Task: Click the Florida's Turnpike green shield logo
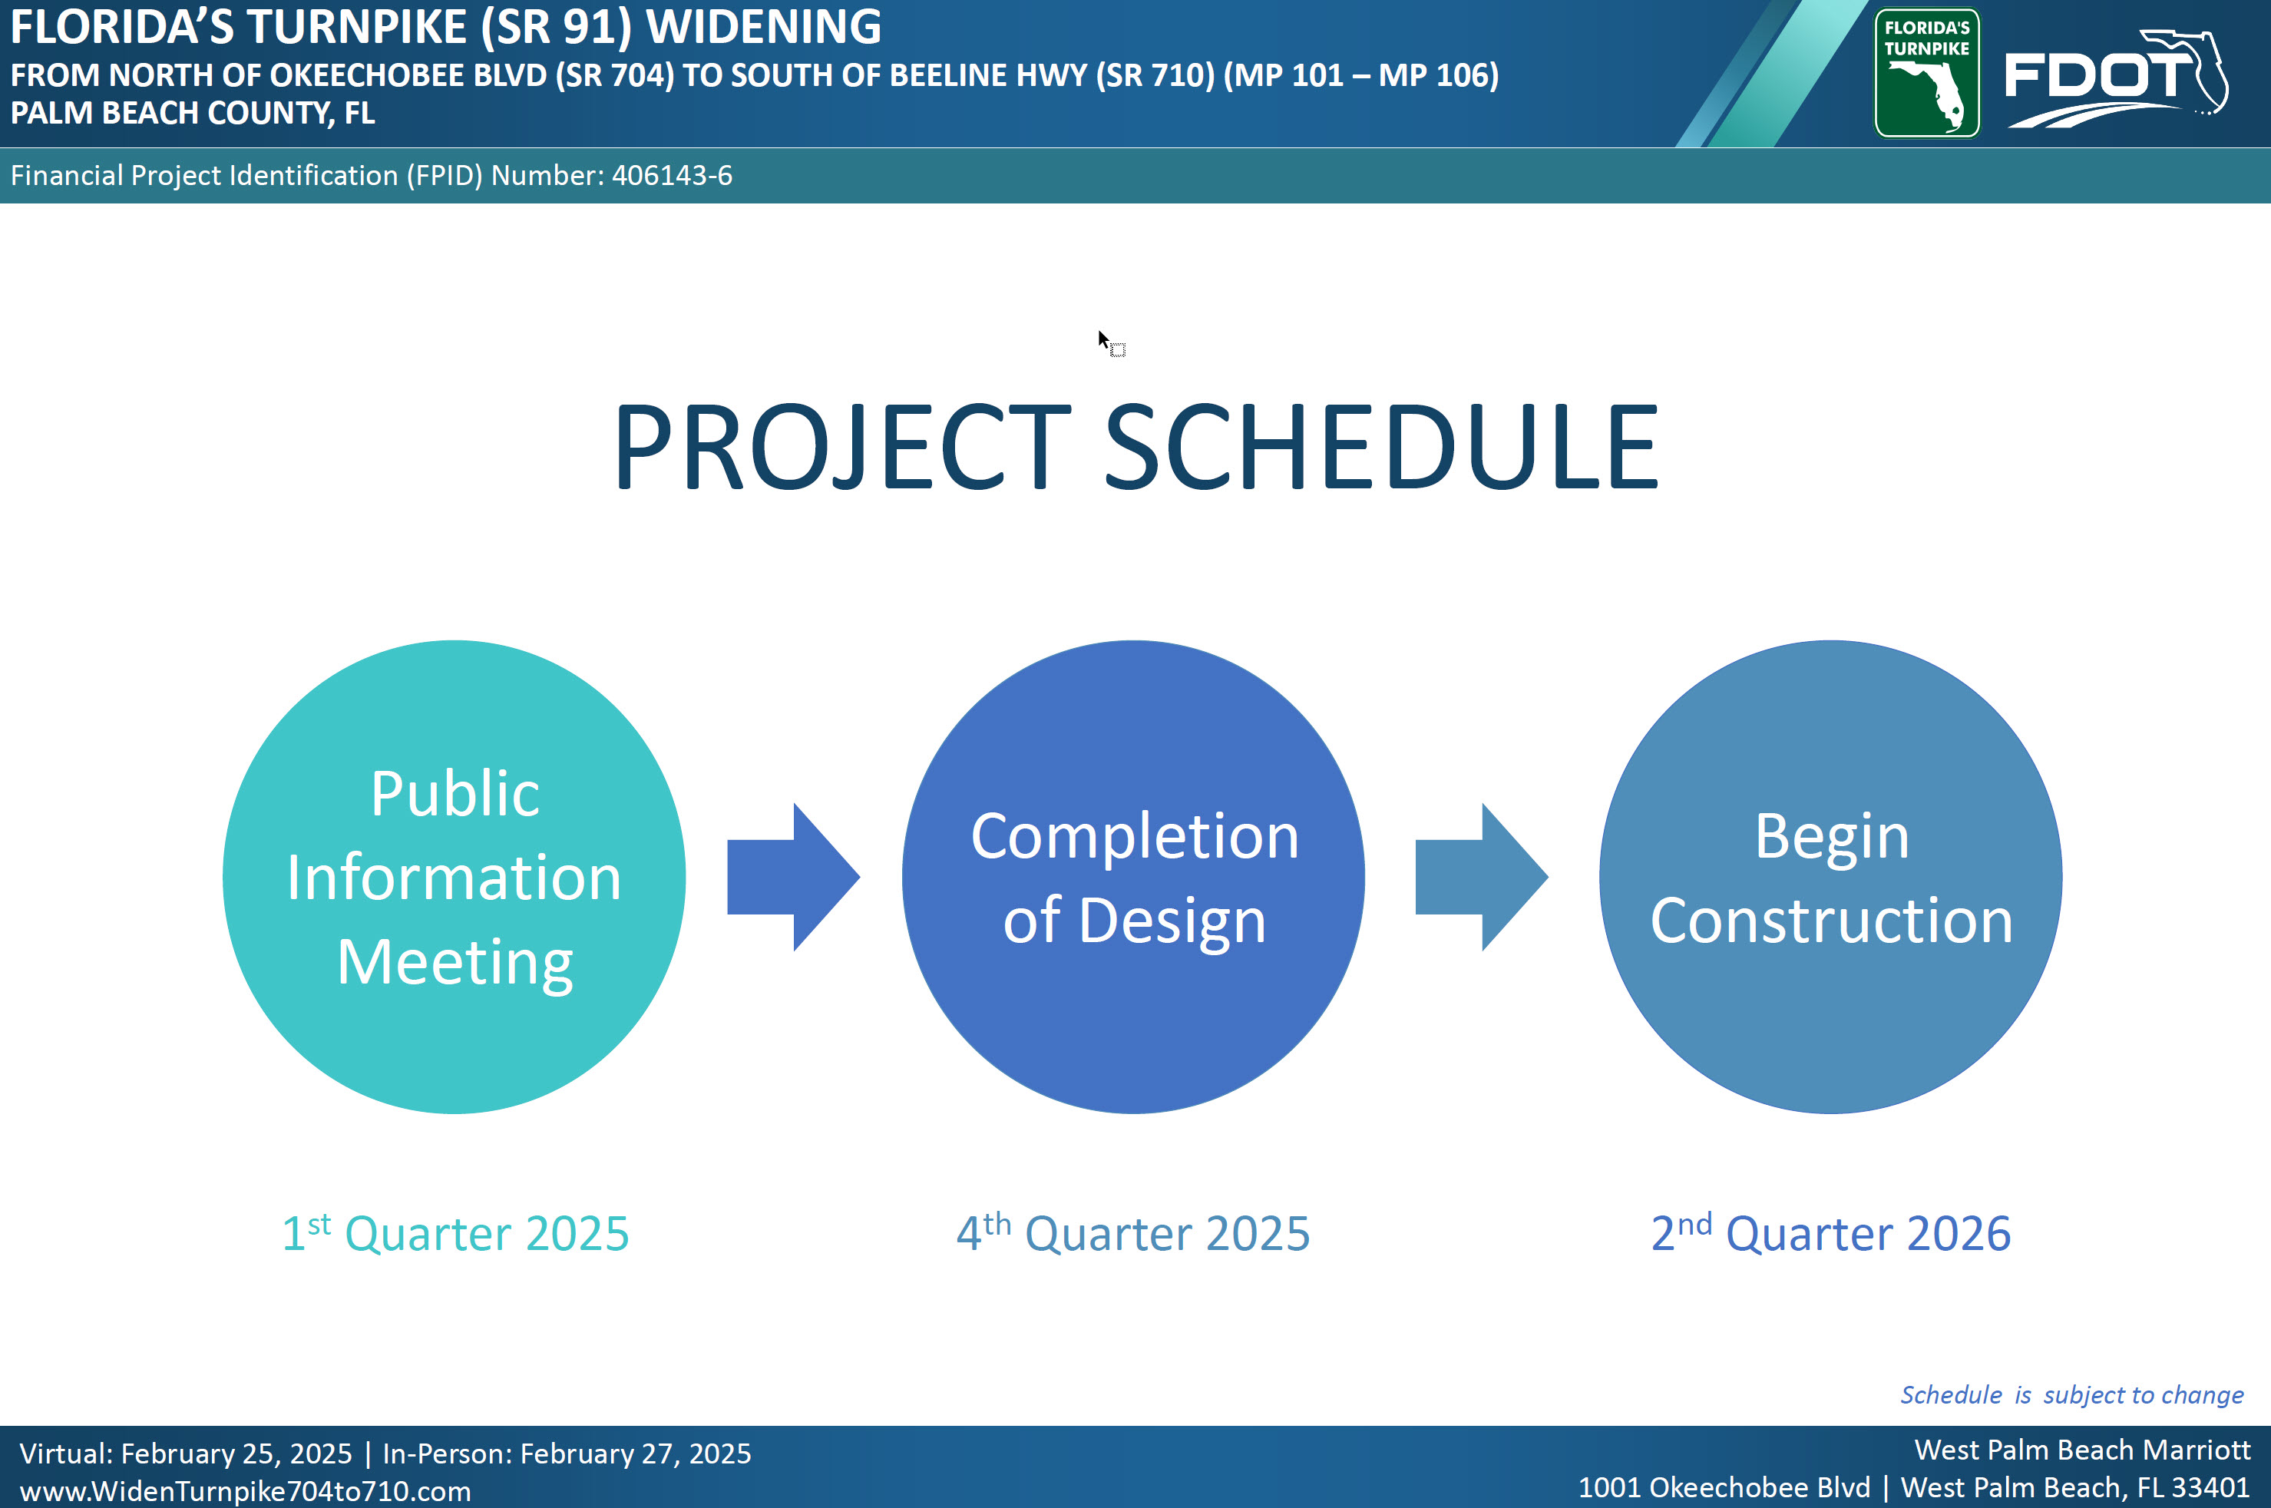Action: tap(1927, 73)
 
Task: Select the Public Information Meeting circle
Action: tap(454, 877)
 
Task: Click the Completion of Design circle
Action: tap(1133, 877)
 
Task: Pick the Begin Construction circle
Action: tap(1830, 877)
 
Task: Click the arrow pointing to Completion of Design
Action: tap(793, 877)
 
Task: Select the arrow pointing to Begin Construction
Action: tap(1482, 877)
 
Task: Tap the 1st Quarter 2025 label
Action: tap(455, 1232)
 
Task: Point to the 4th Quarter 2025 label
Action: tap(1133, 1232)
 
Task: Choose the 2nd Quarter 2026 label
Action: tap(1830, 1232)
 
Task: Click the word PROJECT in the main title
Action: tap(842, 447)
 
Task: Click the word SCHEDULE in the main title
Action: tap(1383, 447)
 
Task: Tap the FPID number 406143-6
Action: tap(672, 175)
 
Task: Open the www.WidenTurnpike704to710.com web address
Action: tap(245, 1490)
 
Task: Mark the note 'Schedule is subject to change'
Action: tap(2072, 1394)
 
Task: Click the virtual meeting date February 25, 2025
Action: tap(236, 1453)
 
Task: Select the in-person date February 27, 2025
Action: tap(636, 1453)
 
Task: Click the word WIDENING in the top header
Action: tap(763, 26)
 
